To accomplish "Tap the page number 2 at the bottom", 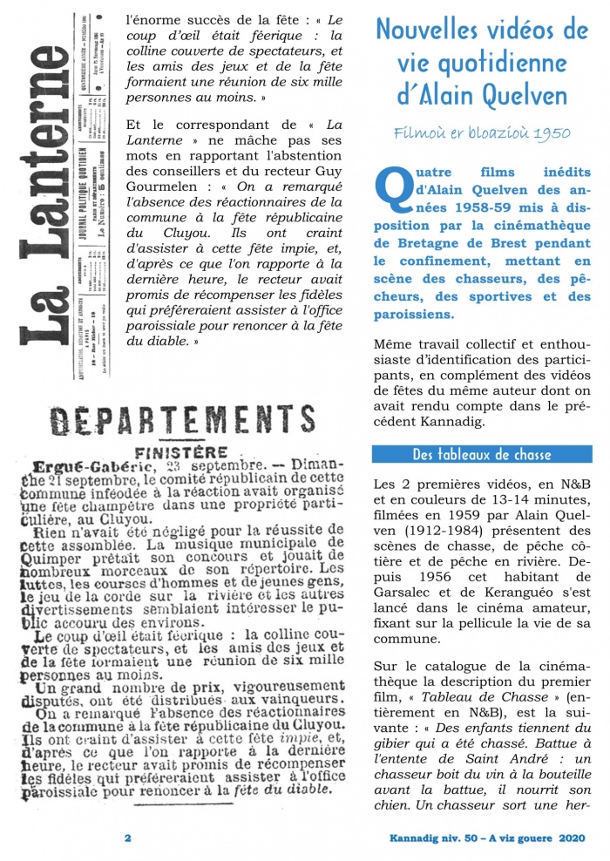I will point(127,838).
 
